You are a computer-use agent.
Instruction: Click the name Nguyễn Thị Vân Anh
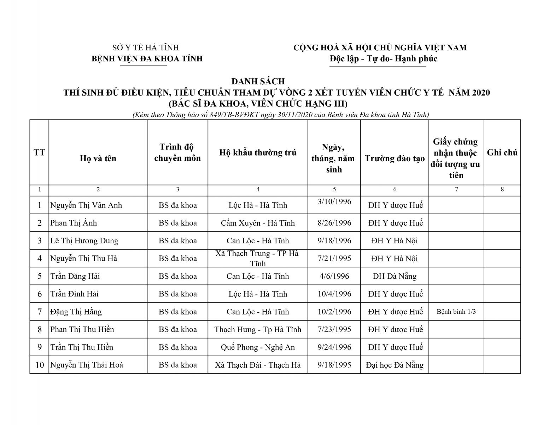coord(86,205)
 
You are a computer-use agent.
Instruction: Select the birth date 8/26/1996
coord(334,223)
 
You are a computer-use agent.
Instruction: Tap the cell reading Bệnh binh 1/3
coord(456,312)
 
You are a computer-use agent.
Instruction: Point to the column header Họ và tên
coord(98,158)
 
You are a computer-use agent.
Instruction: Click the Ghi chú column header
coord(502,153)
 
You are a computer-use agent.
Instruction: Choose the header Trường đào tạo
coord(395,158)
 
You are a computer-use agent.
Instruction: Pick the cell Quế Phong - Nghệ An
coord(258,347)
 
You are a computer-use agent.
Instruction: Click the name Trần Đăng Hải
coord(75,276)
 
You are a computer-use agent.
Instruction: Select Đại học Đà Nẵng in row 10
coord(395,365)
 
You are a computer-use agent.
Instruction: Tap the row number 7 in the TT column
coord(40,312)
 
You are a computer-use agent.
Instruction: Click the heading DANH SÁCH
coord(258,81)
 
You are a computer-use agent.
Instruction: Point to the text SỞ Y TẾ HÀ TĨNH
coord(146,48)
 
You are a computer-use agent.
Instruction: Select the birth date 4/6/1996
coord(334,276)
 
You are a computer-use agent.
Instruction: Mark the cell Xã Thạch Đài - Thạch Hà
coord(258,365)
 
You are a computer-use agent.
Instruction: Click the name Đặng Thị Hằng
coord(76,312)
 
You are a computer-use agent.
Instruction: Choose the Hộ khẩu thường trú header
coord(258,153)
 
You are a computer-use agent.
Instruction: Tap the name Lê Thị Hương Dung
coord(84,241)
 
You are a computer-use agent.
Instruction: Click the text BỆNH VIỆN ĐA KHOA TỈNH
coord(147,59)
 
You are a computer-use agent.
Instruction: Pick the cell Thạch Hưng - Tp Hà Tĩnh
coord(258,330)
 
